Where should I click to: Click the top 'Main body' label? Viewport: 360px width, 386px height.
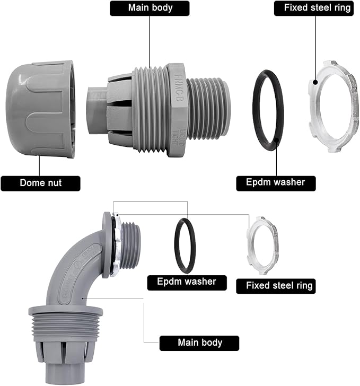(150, 8)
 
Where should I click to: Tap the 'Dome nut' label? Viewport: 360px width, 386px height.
(40, 183)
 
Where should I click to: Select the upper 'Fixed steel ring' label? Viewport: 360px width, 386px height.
(313, 8)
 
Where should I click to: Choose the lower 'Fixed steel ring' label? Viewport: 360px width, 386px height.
(279, 285)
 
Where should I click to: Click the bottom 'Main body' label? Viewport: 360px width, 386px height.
(199, 343)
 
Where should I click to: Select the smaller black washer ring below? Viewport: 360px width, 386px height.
(186, 245)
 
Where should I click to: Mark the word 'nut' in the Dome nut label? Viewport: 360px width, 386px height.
(53, 183)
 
